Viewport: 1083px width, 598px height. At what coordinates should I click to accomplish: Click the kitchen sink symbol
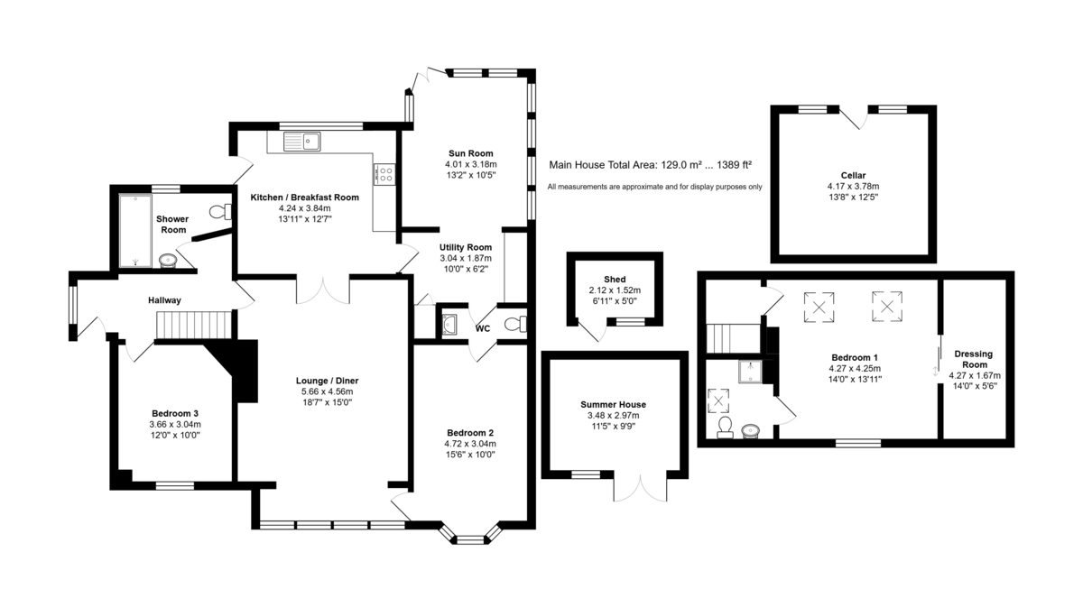(301, 141)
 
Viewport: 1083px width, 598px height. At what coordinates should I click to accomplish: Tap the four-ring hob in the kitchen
(384, 174)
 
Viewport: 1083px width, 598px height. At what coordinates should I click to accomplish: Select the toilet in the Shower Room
(221, 212)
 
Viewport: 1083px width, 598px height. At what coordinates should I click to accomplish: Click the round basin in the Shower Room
(168, 261)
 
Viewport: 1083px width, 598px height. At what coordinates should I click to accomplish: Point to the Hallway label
(164, 300)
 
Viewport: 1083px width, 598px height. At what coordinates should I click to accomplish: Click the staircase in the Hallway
(194, 325)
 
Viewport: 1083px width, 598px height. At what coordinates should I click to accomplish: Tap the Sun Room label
(470, 153)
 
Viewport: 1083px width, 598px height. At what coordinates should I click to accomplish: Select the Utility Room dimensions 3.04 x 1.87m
(466, 258)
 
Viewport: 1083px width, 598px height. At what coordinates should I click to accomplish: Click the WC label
(483, 328)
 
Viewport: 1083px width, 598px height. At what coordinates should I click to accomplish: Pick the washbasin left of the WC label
(449, 324)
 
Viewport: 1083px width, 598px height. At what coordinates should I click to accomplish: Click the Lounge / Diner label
(327, 381)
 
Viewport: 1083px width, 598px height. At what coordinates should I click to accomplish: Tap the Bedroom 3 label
(175, 413)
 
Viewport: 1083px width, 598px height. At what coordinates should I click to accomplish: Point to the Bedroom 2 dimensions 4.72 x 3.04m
(470, 444)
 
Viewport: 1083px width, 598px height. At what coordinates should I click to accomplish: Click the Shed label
(615, 280)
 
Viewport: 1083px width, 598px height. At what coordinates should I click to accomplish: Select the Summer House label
(613, 404)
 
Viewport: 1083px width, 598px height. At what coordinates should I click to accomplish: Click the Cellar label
(853, 175)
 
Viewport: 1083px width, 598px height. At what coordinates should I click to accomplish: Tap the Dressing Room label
(974, 359)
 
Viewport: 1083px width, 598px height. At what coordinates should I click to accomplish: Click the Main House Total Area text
(651, 165)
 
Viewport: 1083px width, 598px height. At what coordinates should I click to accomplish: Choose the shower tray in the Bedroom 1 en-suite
(750, 372)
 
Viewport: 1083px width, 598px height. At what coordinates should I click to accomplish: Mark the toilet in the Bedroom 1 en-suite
(724, 428)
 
